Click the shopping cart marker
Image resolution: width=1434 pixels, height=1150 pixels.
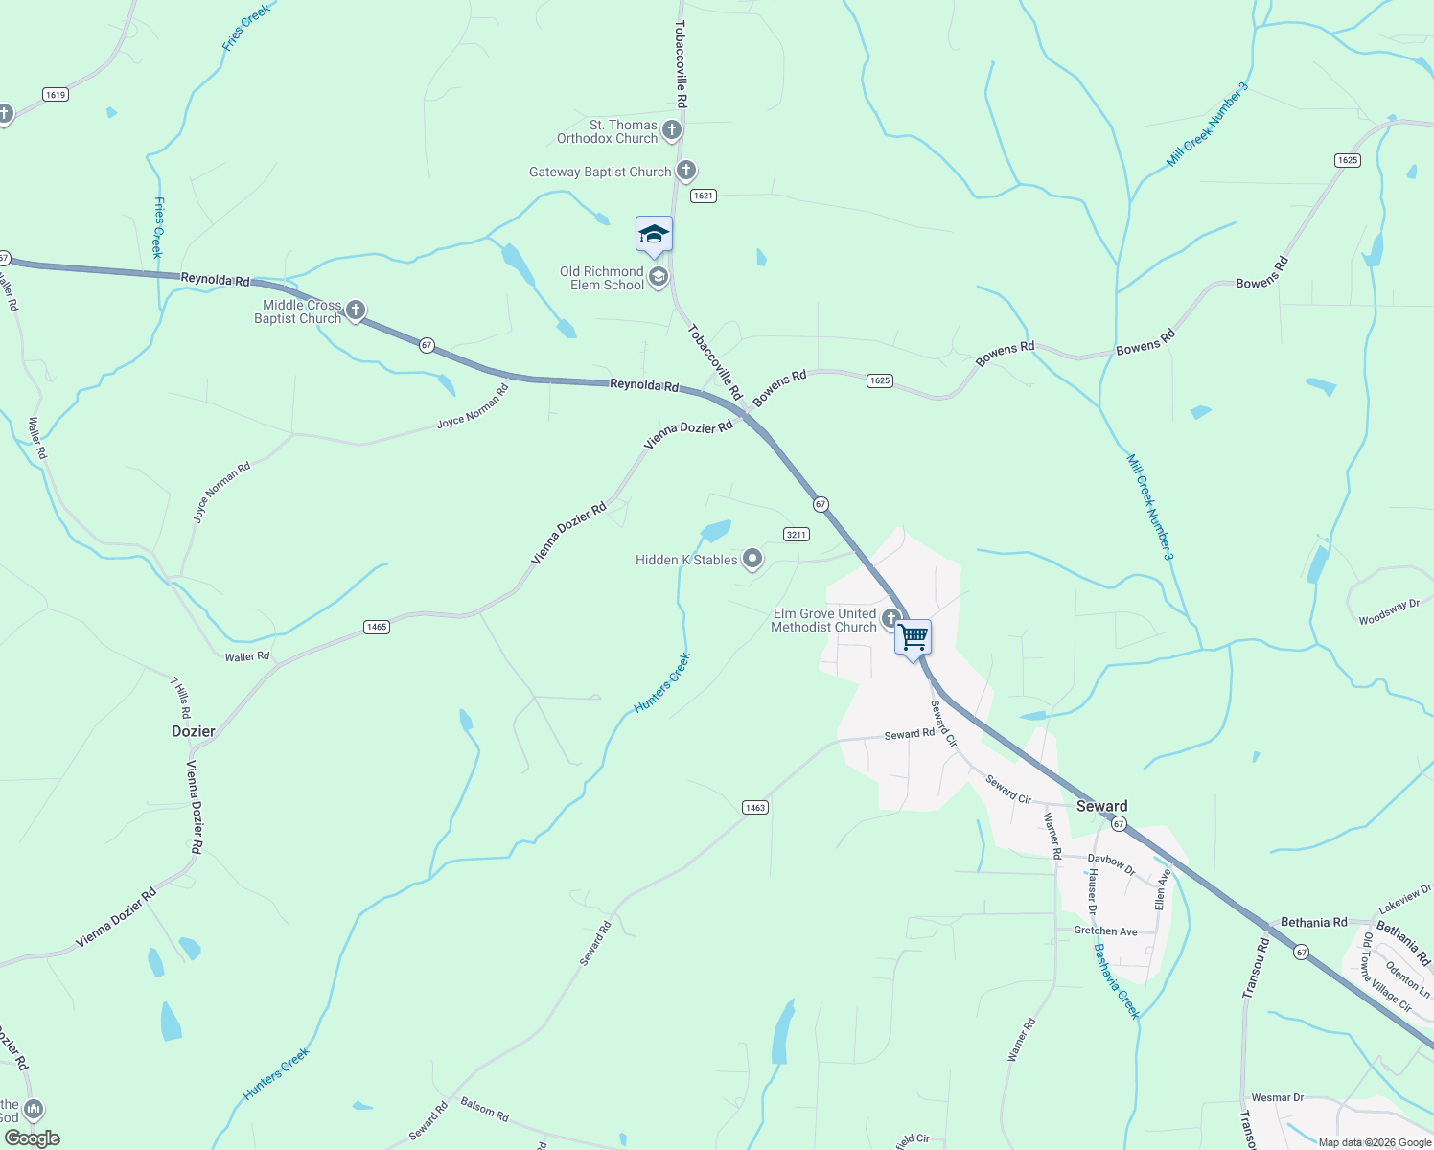[913, 637]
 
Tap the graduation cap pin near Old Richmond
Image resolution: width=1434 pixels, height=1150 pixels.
[654, 235]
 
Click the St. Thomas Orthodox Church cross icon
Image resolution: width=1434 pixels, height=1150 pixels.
[672, 129]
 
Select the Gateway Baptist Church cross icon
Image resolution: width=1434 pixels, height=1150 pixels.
[685, 172]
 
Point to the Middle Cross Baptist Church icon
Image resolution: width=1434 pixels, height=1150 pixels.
[356, 310]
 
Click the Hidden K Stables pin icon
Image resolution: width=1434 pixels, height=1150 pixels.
[752, 559]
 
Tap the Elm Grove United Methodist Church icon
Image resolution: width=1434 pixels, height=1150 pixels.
[890, 618]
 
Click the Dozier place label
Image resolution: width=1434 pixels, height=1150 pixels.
[194, 731]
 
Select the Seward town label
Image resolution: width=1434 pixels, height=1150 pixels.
[1101, 806]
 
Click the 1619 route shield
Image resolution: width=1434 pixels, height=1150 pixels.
[56, 94]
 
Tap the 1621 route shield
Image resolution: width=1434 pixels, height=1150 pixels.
[704, 195]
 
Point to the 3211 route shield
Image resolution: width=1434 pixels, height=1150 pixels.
[797, 535]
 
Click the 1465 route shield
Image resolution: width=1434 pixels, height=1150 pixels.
[377, 627]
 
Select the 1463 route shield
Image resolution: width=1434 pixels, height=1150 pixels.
[755, 808]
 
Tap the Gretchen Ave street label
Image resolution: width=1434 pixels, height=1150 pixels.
[1105, 931]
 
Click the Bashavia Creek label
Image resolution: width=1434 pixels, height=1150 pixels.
[1116, 981]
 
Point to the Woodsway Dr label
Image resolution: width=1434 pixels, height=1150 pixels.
[1389, 612]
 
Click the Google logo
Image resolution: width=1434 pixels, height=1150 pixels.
[33, 1138]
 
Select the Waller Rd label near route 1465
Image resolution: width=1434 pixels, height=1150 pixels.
[247, 657]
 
